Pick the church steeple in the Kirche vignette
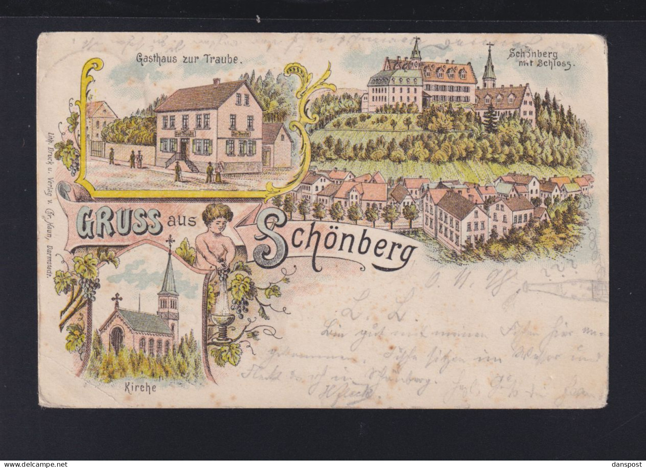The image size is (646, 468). [169, 281]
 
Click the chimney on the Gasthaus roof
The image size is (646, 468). [216, 82]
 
